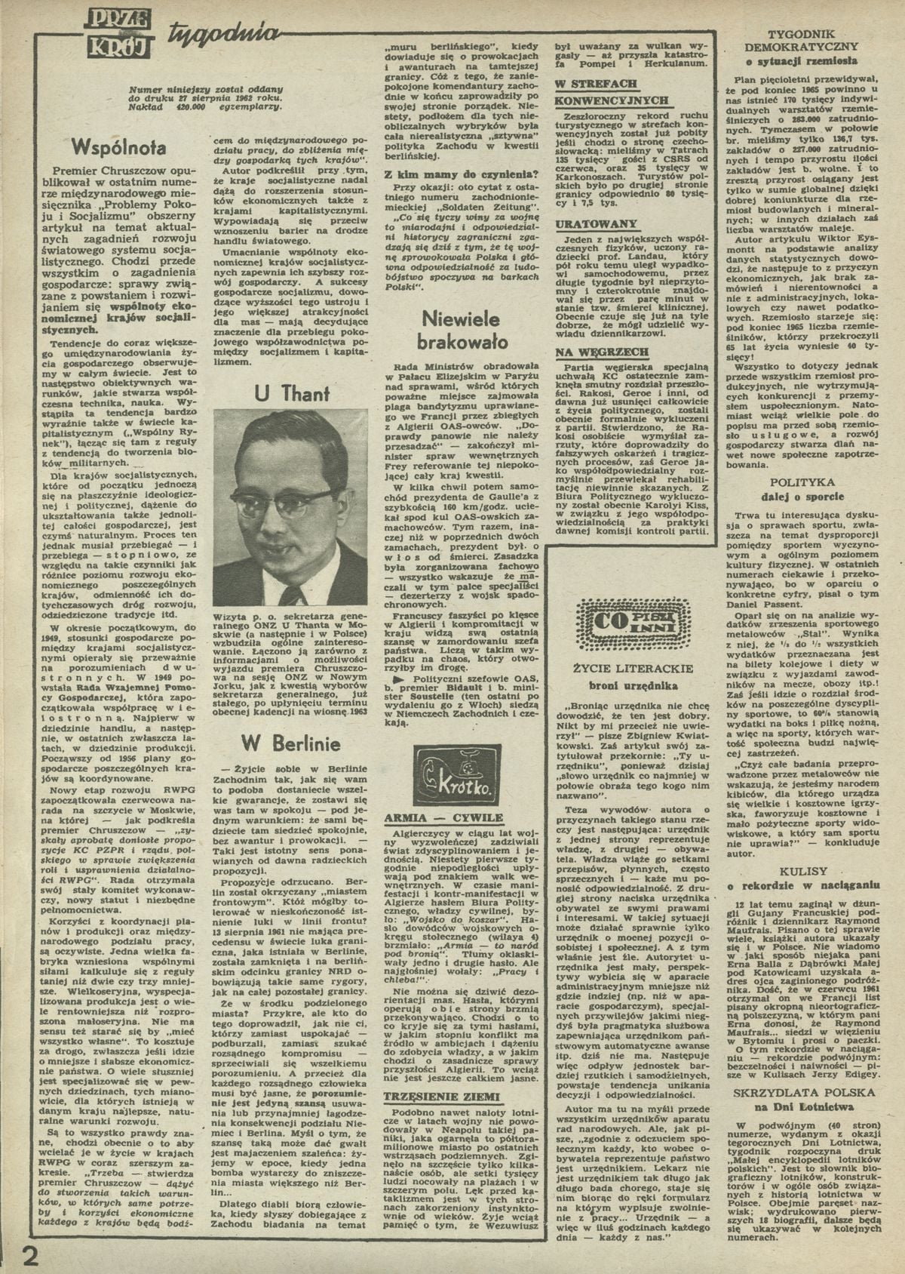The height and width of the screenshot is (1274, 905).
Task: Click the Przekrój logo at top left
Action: [119, 33]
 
